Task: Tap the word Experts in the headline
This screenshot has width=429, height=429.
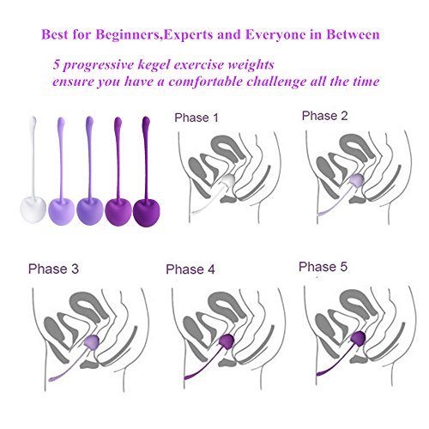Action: [189, 35]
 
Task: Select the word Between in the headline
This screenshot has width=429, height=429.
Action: [353, 34]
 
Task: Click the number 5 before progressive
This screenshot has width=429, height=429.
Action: [56, 64]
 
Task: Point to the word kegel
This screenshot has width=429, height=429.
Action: [154, 64]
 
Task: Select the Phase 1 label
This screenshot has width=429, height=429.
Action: [196, 118]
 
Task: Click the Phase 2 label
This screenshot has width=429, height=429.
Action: [324, 116]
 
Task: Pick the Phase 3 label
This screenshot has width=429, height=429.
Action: [53, 269]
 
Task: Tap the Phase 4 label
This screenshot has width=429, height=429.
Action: [190, 269]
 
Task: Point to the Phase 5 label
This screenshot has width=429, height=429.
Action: [323, 267]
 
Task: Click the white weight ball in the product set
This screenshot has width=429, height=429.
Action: [33, 208]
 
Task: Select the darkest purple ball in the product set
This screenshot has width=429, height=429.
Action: [147, 212]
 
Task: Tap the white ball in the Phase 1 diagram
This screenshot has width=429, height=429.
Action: [228, 181]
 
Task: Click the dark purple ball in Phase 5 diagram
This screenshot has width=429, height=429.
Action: [358, 338]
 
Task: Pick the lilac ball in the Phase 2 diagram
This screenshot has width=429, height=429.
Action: [357, 180]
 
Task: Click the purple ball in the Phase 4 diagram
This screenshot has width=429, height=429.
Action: [227, 341]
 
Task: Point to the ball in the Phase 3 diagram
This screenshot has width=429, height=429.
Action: [92, 341]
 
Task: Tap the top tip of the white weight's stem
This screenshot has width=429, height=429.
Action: [33, 117]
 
